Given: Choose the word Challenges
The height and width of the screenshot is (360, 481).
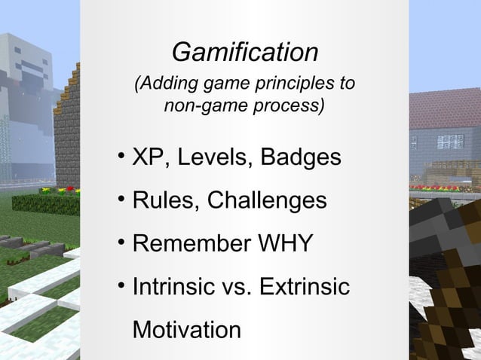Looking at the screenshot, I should (x=267, y=201).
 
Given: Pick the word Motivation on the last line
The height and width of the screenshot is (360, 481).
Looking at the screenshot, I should (x=187, y=331).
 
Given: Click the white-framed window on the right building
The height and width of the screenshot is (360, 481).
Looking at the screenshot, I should (x=450, y=141).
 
